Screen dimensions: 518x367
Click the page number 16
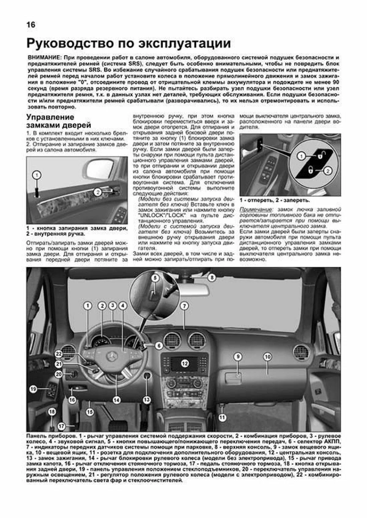31,25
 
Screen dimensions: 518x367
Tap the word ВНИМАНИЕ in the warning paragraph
42,58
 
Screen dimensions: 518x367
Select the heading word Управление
50,117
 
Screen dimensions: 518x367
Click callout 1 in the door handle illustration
37,175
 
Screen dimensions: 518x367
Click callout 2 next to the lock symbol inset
327,171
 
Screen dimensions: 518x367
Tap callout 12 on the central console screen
184,363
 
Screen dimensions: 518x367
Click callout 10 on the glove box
267,357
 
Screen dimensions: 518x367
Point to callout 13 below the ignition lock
147,400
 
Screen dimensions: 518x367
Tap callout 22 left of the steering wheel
59,354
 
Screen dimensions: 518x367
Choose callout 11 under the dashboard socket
222,417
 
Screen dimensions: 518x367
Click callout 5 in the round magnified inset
155,278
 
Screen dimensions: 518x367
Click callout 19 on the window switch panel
33,389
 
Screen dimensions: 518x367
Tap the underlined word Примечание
256,210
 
